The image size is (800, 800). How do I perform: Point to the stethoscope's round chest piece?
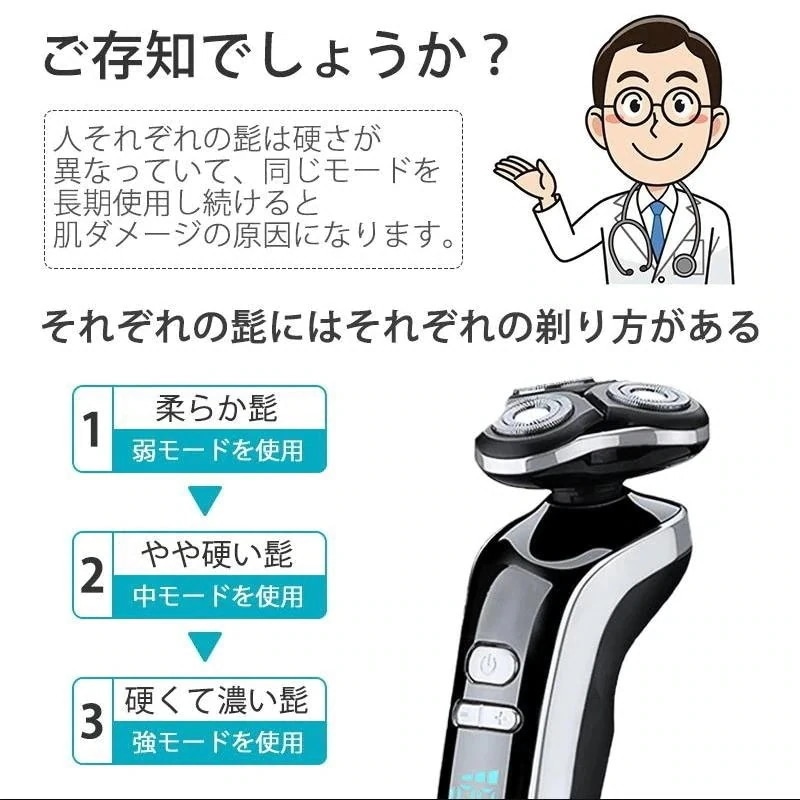tap(685, 265)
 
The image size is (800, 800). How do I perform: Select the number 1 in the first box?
tap(92, 430)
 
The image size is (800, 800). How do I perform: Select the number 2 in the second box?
tap(92, 576)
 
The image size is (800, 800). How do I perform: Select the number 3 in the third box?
tap(92, 722)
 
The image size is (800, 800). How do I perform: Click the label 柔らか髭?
tap(216, 409)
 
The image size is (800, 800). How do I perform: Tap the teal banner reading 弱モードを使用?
tap(216, 451)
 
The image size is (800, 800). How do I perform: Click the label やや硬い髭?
tap(216, 554)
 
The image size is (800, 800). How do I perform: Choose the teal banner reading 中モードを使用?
tap(216, 597)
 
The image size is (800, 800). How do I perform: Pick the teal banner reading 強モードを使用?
tap(216, 743)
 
